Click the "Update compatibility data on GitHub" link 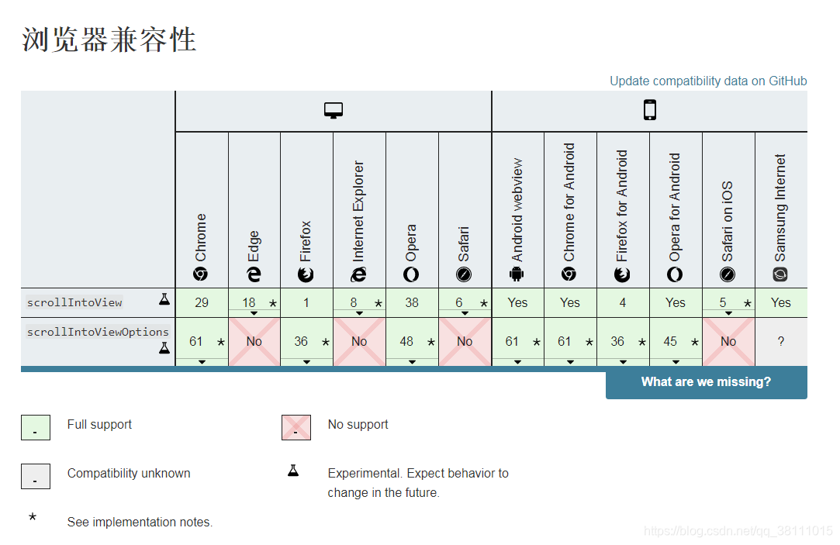pyautogui.click(x=707, y=81)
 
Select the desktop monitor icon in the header pyautogui.click(x=334, y=111)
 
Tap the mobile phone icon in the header pyautogui.click(x=649, y=111)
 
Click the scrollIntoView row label pyautogui.click(x=74, y=302)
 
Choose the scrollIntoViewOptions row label pyautogui.click(x=98, y=333)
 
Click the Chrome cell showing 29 pyautogui.click(x=202, y=302)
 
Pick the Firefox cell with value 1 pyautogui.click(x=306, y=302)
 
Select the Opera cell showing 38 pyautogui.click(x=412, y=302)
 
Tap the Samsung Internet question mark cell pyautogui.click(x=780, y=341)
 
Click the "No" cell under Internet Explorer pyautogui.click(x=359, y=341)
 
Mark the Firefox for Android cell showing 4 pyautogui.click(x=623, y=302)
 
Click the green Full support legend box pyautogui.click(x=36, y=427)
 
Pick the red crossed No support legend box pyautogui.click(x=296, y=427)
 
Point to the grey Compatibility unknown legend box pyautogui.click(x=36, y=476)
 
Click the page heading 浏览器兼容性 pyautogui.click(x=109, y=40)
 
